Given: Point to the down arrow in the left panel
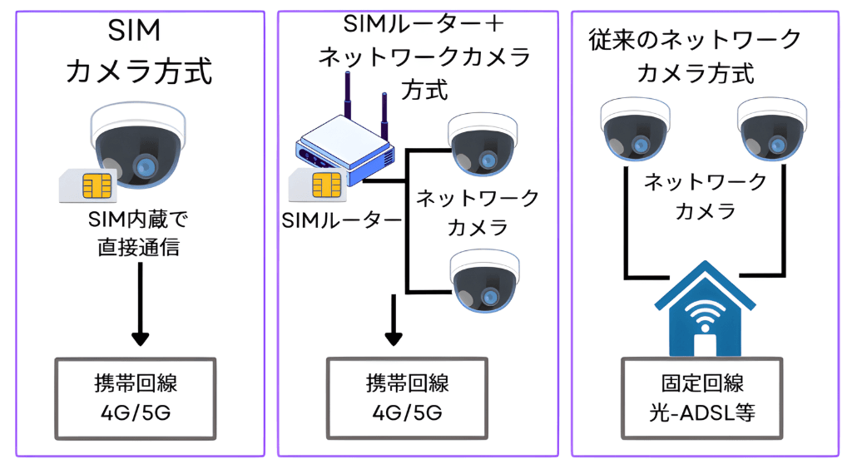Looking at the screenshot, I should tap(141, 308).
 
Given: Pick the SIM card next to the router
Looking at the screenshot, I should tap(315, 184).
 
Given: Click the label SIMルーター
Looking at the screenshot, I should tap(342, 220).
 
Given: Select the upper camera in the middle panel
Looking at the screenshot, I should tap(483, 143).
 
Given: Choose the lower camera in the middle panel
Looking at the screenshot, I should tap(485, 280).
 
